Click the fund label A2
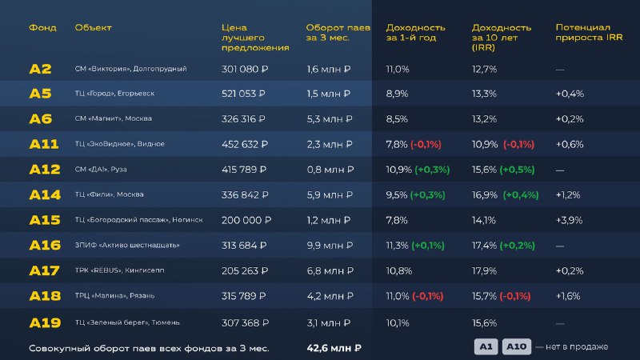click(40, 69)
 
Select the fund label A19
click(44, 322)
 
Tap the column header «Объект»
click(93, 27)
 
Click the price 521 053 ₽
click(244, 94)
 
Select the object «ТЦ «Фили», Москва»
click(109, 195)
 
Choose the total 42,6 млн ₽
click(334, 348)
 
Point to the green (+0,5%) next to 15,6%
click(517, 170)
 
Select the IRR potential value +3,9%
click(570, 220)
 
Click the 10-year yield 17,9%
click(484, 271)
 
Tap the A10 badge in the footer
click(516, 346)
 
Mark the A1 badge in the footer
click(485, 346)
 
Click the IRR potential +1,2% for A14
click(569, 195)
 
